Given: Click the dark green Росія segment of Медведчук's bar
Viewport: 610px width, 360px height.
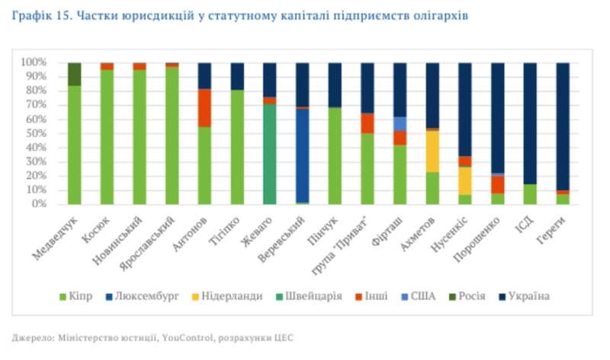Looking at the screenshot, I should click(x=74, y=74).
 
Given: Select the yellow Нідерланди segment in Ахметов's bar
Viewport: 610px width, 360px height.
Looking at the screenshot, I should click(x=432, y=151).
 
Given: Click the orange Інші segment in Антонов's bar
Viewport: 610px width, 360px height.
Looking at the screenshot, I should click(x=204, y=108).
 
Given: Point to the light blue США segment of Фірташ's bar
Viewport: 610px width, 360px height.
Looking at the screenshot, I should click(x=400, y=124).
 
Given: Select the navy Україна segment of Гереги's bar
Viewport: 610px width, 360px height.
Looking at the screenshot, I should click(x=563, y=126).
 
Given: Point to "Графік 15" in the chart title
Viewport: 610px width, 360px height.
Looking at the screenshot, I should click(x=39, y=15).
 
